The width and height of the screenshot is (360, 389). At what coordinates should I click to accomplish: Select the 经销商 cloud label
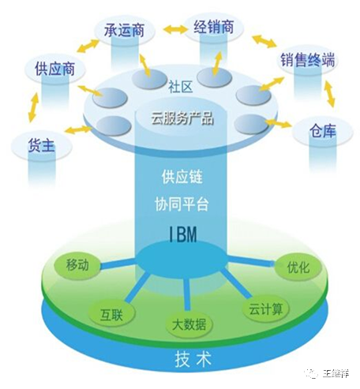214,28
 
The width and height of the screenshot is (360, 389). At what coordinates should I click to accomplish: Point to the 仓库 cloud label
322,131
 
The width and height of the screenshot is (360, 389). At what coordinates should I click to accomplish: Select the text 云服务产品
181,122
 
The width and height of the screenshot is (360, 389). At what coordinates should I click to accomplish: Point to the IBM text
181,233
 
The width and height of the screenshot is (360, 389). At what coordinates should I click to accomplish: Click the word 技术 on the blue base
183,361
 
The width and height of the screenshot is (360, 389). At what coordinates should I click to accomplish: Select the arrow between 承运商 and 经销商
168,31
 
